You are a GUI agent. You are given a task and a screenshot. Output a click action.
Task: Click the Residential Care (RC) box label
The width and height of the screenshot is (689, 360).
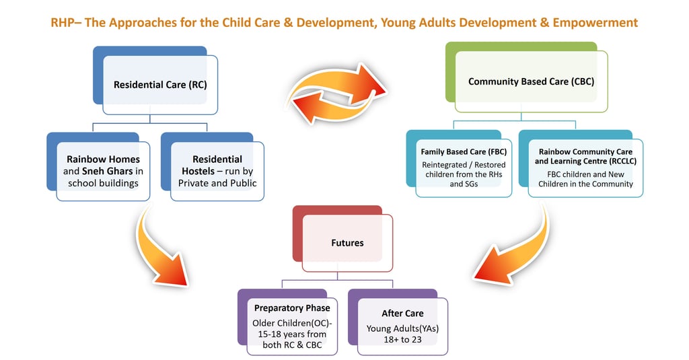160,85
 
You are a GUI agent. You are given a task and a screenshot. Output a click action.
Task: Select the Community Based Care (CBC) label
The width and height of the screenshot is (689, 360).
532,81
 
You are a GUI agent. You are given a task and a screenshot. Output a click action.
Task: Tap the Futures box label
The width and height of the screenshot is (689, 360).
347,243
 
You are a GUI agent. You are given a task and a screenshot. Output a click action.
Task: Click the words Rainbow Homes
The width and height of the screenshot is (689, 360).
103,159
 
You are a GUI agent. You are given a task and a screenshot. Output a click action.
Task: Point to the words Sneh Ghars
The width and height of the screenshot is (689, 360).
107,171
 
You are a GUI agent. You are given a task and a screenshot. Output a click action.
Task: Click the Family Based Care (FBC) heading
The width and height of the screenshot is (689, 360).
464,151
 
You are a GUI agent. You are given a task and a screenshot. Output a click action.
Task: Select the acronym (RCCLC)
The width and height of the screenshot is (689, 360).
622,161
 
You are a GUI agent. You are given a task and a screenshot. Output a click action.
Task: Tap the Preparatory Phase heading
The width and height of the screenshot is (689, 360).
292,308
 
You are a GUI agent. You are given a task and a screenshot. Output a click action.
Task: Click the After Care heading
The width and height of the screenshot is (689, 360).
402,314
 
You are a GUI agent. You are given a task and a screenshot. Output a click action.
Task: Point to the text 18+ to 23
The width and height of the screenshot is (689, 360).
402,340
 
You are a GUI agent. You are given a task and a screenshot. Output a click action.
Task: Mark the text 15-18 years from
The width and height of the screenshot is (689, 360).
292,334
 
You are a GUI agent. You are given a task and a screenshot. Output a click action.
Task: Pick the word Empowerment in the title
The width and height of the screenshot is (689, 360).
595,23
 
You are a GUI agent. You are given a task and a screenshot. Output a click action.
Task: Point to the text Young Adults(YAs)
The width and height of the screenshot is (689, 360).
402,328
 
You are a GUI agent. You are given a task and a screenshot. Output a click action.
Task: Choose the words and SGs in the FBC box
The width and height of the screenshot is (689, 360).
464,184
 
